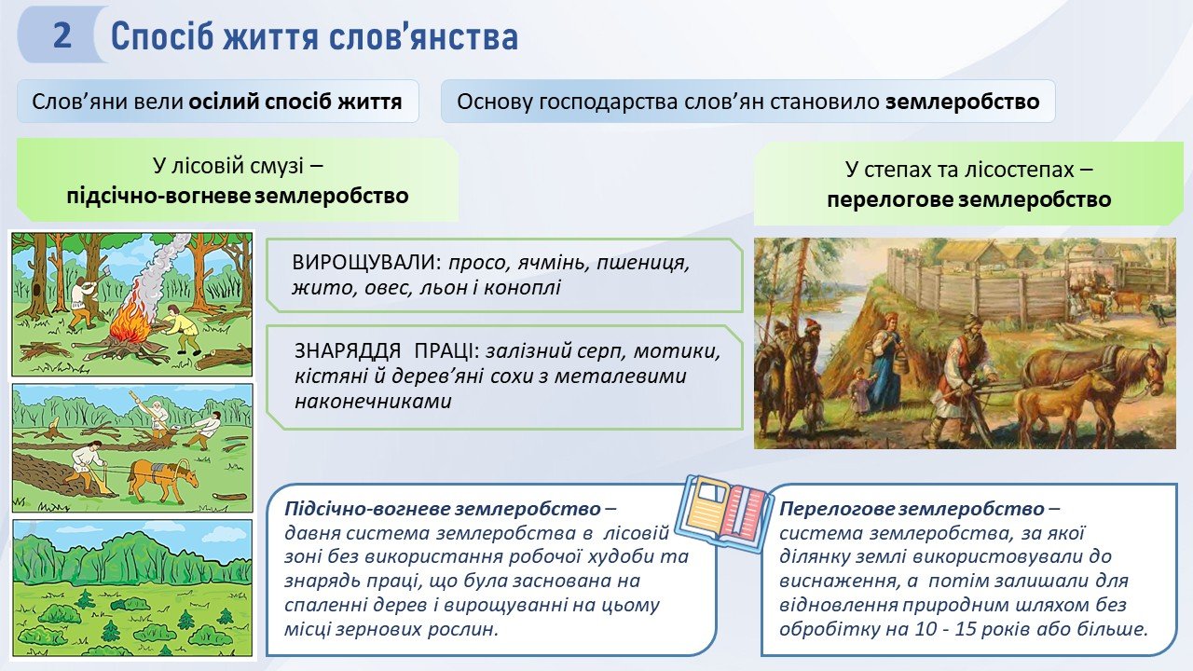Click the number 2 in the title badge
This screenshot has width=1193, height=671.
[x=62, y=35]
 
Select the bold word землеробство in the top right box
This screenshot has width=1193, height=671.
[x=963, y=102]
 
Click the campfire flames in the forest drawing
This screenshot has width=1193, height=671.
[x=128, y=320]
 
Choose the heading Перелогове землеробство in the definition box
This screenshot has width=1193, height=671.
[x=912, y=509]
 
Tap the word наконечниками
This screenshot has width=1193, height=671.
[x=373, y=401]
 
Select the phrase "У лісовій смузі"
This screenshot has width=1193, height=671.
[x=228, y=166]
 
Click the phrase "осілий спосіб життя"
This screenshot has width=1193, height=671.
[x=295, y=102]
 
